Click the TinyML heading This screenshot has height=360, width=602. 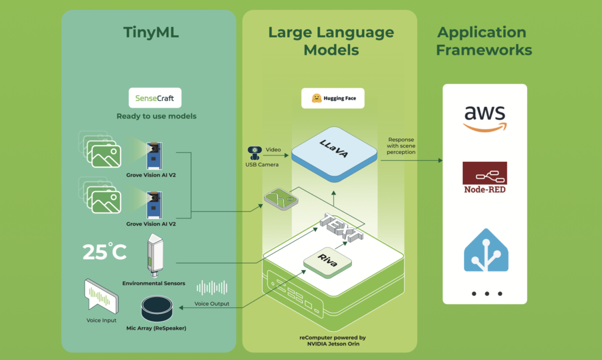[151, 32]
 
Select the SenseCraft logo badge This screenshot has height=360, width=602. [155, 98]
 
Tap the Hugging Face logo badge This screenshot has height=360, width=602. [333, 98]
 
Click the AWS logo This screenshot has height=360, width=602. [485, 117]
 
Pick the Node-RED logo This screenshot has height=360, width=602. [485, 178]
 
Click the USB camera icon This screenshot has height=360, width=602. [255, 153]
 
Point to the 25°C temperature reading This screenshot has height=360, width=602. [104, 252]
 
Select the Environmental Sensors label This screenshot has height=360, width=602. [154, 283]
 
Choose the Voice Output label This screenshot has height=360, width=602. [211, 304]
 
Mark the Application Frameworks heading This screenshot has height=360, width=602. [484, 41]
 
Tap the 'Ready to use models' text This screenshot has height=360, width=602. [156, 116]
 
